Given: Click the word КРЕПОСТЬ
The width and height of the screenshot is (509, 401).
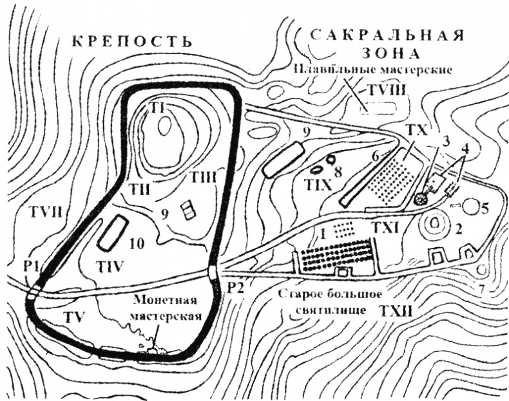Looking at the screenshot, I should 132,42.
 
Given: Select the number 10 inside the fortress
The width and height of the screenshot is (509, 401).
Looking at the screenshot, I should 136,244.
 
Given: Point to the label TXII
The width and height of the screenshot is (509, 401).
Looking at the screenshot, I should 394,310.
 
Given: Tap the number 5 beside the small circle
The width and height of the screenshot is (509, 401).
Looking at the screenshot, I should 485,208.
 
